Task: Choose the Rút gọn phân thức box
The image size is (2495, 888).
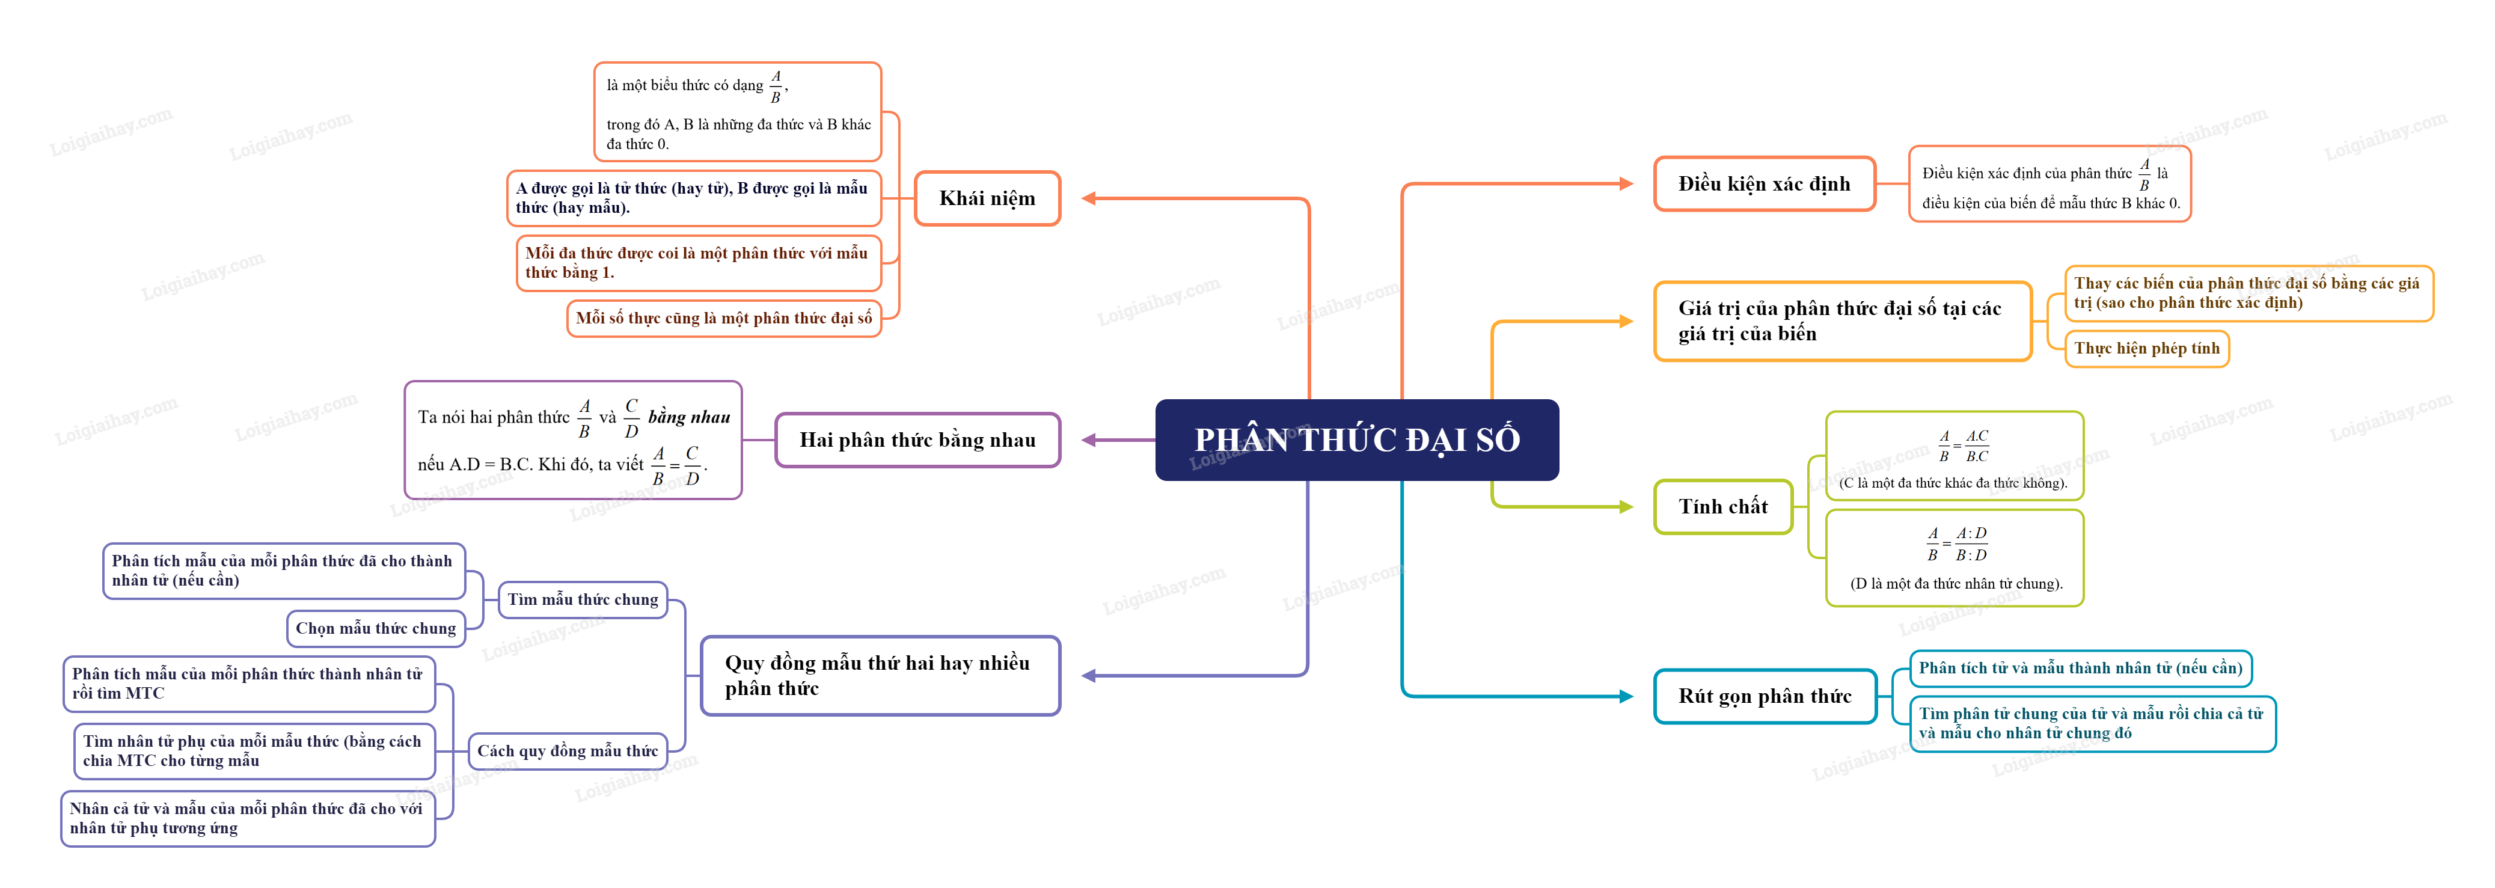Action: [1764, 696]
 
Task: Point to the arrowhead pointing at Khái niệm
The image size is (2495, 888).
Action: [1089, 198]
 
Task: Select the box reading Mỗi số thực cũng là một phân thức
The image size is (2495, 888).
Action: [723, 319]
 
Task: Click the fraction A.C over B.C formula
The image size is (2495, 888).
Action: [1964, 447]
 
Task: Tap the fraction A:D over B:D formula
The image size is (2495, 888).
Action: [1956, 544]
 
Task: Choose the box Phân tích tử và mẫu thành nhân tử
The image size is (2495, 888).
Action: [2080, 668]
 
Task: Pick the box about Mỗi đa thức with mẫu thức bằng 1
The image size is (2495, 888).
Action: [697, 262]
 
